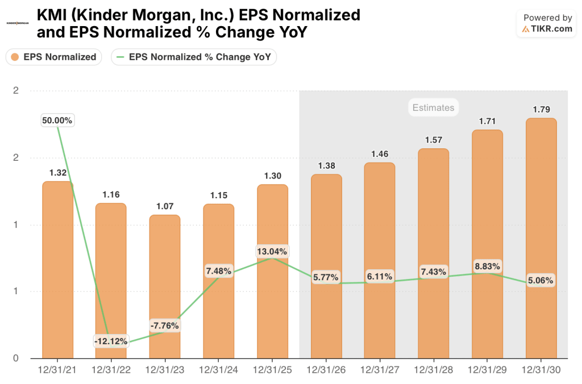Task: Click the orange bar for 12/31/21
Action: pos(57,270)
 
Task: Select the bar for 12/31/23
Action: pos(165,287)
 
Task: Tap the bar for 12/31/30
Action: pos(541,239)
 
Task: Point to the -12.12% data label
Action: pos(111,341)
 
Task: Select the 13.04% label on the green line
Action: pos(272,251)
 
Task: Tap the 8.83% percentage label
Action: pos(487,266)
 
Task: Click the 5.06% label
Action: pos(541,280)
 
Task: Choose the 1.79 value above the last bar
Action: pos(541,110)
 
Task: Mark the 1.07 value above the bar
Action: pos(165,206)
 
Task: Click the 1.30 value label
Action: pos(272,176)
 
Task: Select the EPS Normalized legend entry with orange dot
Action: pos(54,57)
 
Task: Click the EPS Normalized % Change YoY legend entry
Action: pos(194,57)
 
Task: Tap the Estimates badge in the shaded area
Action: pos(433,107)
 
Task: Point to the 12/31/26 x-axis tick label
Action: pos(326,370)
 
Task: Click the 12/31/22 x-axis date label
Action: pos(111,370)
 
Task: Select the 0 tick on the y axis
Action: pos(15,358)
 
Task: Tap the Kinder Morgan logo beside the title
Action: pos(18,23)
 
